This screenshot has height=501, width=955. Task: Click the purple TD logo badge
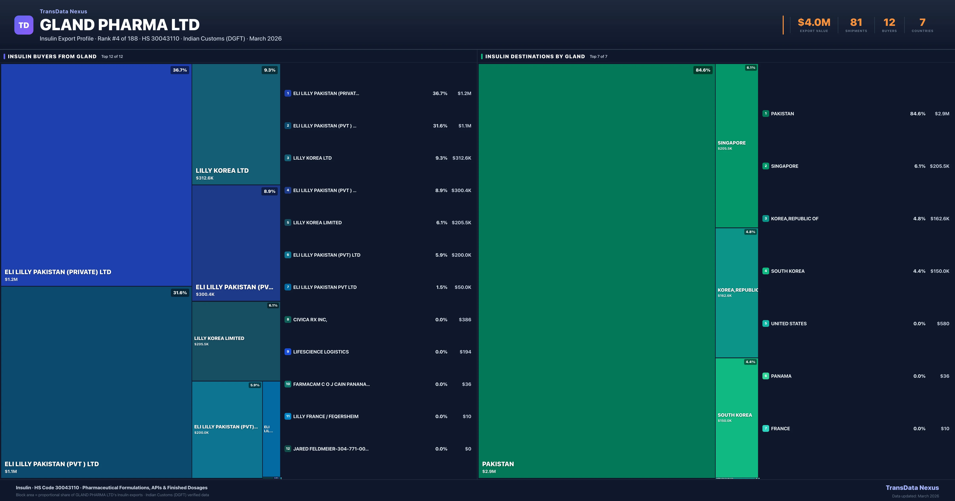coord(24,25)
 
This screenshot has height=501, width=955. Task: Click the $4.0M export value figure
coord(814,23)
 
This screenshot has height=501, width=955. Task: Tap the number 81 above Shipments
coord(856,23)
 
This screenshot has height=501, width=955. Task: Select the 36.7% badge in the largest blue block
coord(180,70)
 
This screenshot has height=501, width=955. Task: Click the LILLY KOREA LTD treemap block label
coord(222,170)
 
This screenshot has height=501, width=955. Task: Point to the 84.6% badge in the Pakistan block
coord(703,70)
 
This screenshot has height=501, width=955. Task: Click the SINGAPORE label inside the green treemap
coord(731,143)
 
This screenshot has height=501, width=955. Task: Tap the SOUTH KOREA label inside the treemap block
coord(734,415)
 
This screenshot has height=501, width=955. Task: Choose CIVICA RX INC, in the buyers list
coord(310,319)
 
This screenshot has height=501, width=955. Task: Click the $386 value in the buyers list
coord(465,319)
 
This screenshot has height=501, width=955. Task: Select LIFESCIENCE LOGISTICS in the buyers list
coord(321,352)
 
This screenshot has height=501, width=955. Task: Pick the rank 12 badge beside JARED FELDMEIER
coord(288,449)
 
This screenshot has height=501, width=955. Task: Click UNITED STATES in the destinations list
coord(788,323)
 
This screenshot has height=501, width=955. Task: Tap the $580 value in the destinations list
coord(943,323)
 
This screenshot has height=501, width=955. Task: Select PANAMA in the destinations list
coord(781,376)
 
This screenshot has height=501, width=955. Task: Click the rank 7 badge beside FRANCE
coord(766,428)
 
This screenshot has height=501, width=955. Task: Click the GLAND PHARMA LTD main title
coord(119,25)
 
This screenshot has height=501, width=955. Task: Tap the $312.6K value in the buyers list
coord(462,158)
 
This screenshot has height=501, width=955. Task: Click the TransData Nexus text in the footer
coord(912,488)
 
